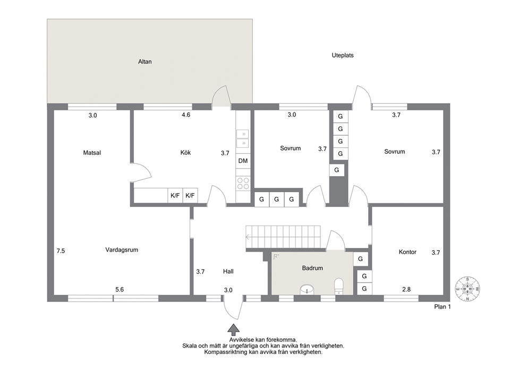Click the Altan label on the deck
click(x=145, y=62)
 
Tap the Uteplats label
click(x=343, y=55)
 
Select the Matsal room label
click(x=92, y=153)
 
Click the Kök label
click(x=185, y=153)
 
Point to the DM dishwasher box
click(x=243, y=161)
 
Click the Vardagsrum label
click(x=122, y=250)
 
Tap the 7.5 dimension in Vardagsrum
click(x=61, y=251)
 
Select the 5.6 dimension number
click(x=120, y=289)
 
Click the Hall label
click(x=228, y=271)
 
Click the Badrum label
click(x=312, y=268)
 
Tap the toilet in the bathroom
click(x=339, y=286)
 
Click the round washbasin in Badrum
click(x=307, y=289)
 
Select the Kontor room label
click(x=407, y=252)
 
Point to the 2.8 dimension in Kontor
click(x=406, y=289)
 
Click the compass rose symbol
click(x=467, y=289)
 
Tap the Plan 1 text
click(x=443, y=306)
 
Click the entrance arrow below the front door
click(x=234, y=328)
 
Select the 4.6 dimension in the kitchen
click(x=186, y=115)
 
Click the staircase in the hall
click(x=283, y=237)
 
